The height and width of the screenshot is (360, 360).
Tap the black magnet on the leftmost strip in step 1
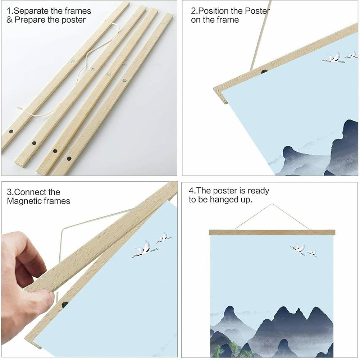tap(11, 132)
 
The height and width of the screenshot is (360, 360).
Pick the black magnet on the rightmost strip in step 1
tap(69, 158)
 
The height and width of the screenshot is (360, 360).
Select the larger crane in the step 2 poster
tap(332, 58)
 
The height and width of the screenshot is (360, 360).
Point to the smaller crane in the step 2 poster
tap(351, 55)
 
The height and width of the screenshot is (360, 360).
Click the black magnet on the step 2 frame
tap(264, 72)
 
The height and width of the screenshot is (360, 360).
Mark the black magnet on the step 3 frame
tap(65, 305)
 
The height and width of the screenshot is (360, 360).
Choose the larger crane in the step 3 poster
tap(144, 249)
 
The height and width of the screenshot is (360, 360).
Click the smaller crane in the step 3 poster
tap(163, 237)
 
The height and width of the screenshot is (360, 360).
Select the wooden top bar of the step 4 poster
tap(272, 232)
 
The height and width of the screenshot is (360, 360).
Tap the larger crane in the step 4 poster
tap(298, 248)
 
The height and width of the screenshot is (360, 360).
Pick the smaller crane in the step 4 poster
tap(312, 253)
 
